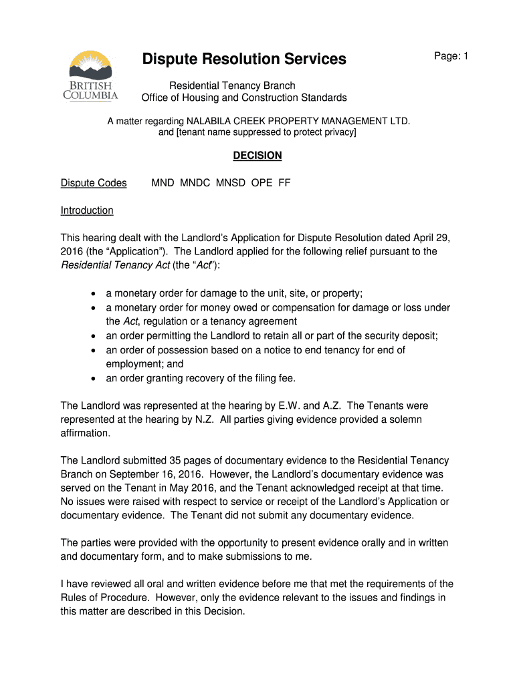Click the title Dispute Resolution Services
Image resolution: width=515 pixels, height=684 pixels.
click(244, 59)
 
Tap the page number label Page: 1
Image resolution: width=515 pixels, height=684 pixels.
click(451, 57)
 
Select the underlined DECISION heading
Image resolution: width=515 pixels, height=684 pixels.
click(257, 156)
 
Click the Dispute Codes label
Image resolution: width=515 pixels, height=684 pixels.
click(94, 183)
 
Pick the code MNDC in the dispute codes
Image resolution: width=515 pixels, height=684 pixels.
click(195, 183)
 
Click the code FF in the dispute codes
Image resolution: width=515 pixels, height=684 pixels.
click(284, 183)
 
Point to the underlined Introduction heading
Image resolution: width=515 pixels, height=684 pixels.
click(87, 210)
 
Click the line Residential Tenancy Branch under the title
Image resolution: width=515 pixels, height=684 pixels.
click(232, 85)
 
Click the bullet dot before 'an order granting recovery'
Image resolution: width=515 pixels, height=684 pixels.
click(92, 379)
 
